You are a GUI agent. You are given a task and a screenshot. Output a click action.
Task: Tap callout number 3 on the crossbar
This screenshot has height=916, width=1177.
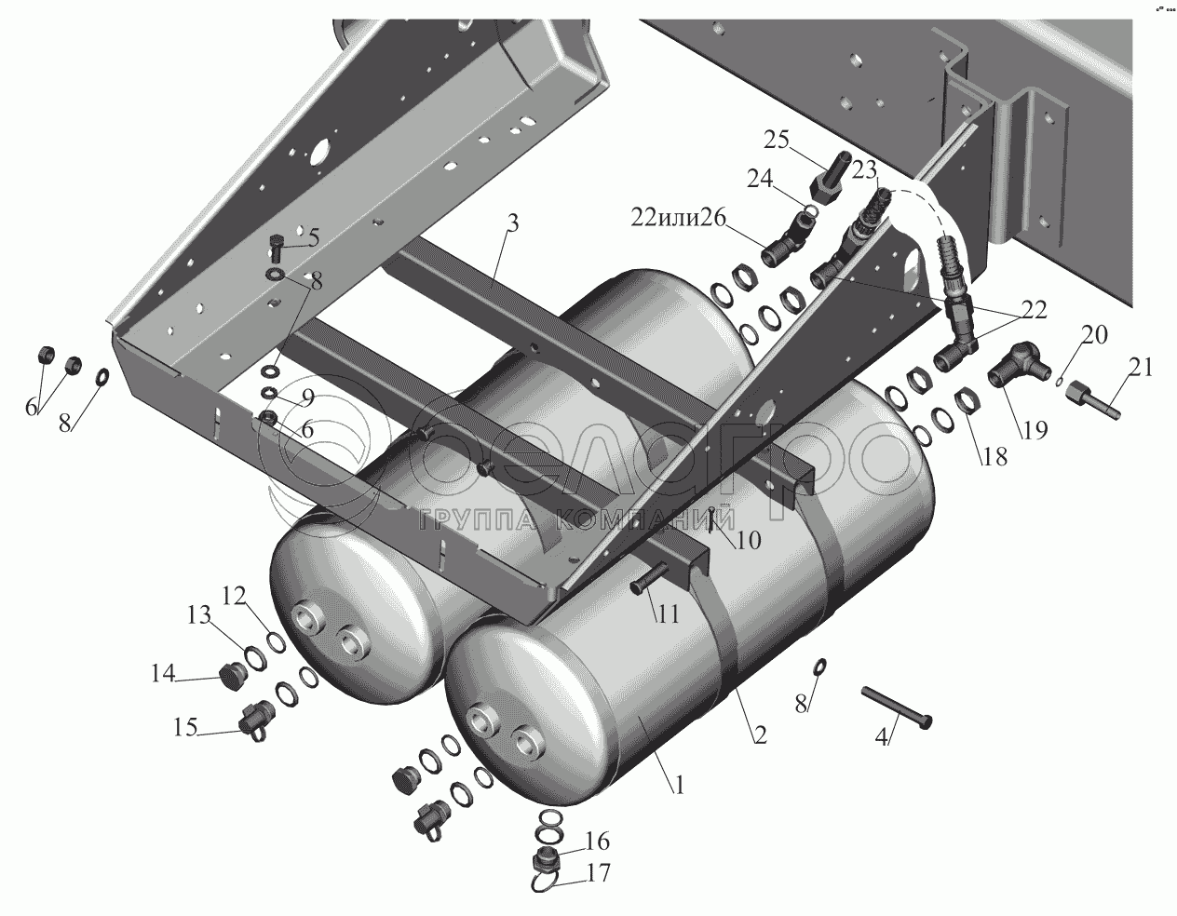coord(513,224)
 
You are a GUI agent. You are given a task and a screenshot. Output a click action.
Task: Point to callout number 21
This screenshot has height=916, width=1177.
coord(1142,368)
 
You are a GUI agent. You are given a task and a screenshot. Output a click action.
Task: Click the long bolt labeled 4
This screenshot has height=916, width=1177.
coord(897,707)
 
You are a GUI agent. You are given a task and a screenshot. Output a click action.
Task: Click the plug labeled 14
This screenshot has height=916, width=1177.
coord(229,675)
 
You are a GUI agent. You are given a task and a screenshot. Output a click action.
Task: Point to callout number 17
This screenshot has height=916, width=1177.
coord(598,874)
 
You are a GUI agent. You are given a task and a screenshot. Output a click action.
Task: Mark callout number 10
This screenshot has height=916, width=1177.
coord(748,539)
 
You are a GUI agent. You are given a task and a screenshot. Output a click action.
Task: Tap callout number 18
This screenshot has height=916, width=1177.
coord(993,457)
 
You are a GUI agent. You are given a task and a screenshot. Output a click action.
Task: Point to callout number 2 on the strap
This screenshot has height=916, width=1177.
coord(759,734)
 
